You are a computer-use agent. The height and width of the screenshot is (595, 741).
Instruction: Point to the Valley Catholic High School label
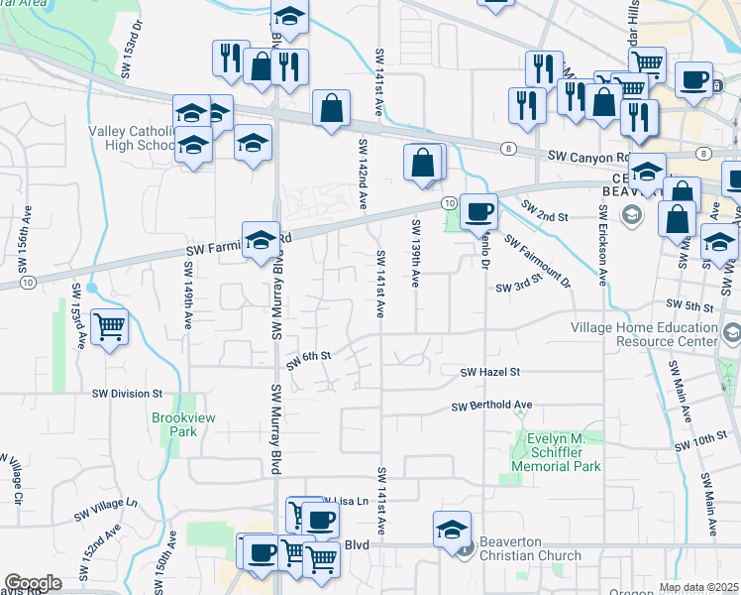(130, 138)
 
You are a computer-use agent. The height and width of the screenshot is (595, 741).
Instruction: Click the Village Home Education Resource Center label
(644, 334)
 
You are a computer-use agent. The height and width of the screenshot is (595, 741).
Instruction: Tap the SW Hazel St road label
(490, 372)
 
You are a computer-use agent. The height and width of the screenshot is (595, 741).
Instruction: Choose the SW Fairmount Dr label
(538, 261)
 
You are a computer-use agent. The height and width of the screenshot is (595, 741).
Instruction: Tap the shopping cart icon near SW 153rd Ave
(109, 326)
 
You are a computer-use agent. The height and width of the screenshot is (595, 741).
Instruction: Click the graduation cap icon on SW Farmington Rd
(261, 240)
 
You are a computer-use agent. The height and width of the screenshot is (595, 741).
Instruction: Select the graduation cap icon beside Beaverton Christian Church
(452, 530)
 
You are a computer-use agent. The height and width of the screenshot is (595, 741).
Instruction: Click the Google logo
(33, 583)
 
